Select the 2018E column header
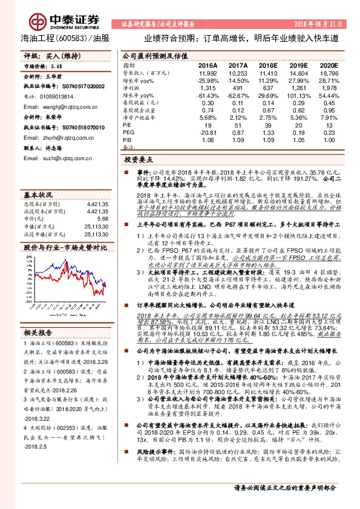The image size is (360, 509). pos(266,65)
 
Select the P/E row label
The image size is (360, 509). pos(127,126)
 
